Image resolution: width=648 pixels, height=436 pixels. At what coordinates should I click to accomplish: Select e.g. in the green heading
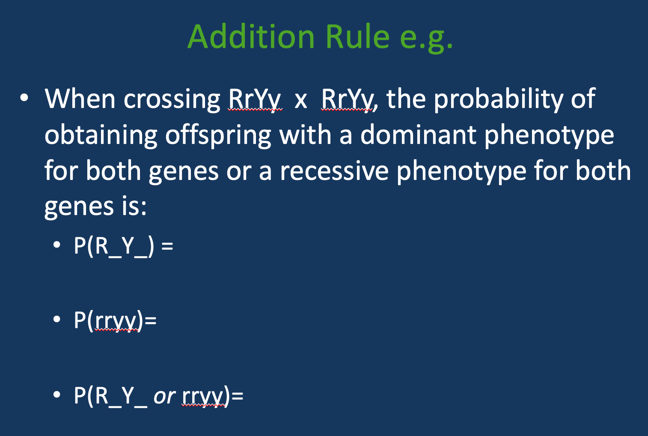426,38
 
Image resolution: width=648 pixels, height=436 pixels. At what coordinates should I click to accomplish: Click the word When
80,99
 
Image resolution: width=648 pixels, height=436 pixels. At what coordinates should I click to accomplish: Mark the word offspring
218,136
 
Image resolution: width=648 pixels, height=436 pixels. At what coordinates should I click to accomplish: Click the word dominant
418,135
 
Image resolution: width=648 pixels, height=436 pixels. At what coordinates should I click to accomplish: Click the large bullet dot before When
24,98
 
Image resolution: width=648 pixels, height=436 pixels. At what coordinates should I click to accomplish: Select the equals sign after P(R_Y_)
167,247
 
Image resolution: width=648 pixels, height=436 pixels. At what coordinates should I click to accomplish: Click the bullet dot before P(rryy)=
57,320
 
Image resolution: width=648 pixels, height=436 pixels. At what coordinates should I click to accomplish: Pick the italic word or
164,396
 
